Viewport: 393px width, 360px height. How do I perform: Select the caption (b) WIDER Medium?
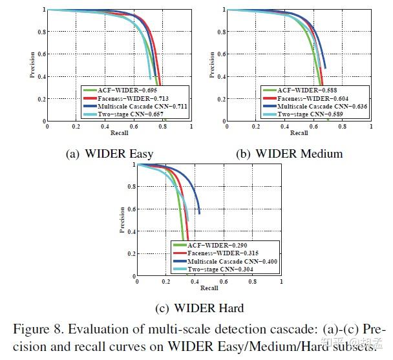pyautogui.click(x=290, y=154)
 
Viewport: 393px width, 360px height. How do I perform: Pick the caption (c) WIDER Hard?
pyautogui.click(x=202, y=308)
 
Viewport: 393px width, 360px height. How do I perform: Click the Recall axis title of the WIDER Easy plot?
pyautogui.click(x=120, y=134)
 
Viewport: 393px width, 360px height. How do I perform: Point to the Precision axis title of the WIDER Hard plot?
pyautogui.click(x=123, y=220)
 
